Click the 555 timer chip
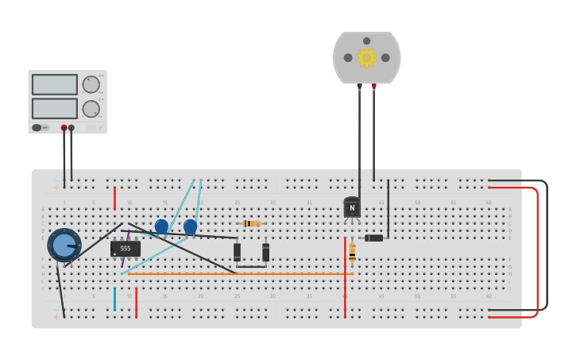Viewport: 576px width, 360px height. tap(126, 249)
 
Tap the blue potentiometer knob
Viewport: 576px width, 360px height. tap(64, 245)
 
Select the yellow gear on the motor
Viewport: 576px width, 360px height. tap(366, 57)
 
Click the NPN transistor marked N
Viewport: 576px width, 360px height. tap(352, 208)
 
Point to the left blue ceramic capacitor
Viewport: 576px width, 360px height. tap(161, 226)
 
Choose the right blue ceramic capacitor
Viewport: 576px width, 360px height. tap(190, 226)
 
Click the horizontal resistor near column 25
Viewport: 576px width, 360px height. tap(251, 223)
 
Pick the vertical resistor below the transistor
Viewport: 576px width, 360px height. tap(352, 252)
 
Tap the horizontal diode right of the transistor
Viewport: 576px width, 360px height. tap(373, 238)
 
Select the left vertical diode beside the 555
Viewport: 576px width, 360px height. tap(237, 252)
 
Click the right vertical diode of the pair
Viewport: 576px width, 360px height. tap(265, 252)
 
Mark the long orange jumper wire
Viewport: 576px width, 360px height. tap(238, 274)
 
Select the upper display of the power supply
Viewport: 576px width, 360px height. tap(55, 84)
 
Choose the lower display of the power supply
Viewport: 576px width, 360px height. tap(55, 108)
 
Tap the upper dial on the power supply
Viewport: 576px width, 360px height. tap(91, 84)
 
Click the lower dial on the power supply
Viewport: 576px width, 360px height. tap(91, 109)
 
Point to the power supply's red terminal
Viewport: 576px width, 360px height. tap(64, 127)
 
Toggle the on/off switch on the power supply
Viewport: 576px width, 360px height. tap(37, 127)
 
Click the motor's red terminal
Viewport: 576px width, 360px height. tap(374, 86)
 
